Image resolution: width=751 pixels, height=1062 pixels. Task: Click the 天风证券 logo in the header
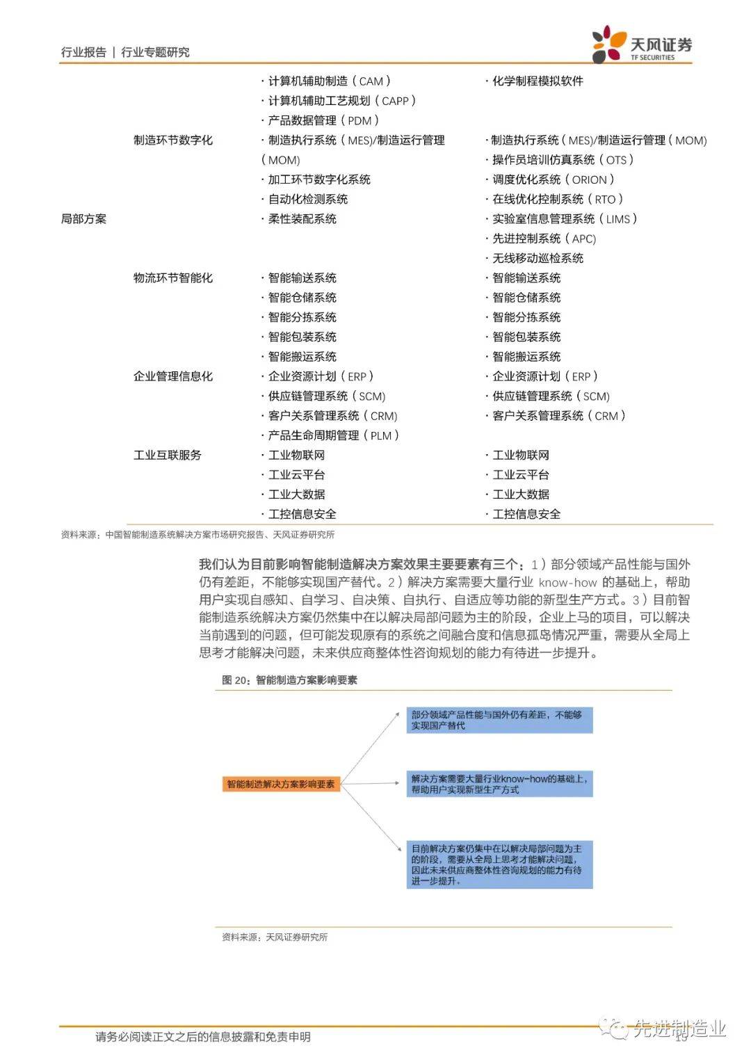click(x=642, y=45)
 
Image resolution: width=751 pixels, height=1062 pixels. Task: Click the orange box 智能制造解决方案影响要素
click(x=281, y=784)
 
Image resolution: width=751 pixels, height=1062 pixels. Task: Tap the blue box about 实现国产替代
click(x=499, y=720)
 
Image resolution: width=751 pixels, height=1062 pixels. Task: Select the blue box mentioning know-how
click(x=499, y=784)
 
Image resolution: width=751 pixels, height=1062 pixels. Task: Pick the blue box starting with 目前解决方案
click(x=499, y=864)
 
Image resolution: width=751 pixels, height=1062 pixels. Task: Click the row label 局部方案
click(x=83, y=219)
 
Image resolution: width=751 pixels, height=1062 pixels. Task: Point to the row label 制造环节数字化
click(x=173, y=140)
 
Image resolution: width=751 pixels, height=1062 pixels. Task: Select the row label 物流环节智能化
click(x=173, y=278)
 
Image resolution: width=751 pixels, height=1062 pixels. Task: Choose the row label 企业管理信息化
click(x=173, y=376)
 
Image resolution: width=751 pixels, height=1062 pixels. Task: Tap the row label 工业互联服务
click(x=168, y=455)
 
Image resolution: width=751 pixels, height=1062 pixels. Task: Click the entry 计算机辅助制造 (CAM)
click(x=329, y=81)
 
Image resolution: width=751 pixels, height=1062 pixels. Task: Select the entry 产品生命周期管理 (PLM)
click(x=333, y=435)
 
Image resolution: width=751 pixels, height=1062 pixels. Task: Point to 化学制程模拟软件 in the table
click(x=537, y=81)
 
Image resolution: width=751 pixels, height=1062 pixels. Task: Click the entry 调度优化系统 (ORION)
click(x=553, y=179)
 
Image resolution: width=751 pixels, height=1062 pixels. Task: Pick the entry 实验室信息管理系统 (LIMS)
click(x=564, y=219)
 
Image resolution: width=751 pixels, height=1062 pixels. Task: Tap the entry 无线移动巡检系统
click(x=537, y=258)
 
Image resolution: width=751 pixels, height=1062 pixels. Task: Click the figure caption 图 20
click(x=289, y=680)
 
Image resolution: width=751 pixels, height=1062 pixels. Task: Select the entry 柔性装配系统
click(x=302, y=219)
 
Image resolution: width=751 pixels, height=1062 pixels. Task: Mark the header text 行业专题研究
click(x=155, y=52)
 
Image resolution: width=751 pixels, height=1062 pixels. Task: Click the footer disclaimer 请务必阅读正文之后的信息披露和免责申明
click(x=203, y=1037)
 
